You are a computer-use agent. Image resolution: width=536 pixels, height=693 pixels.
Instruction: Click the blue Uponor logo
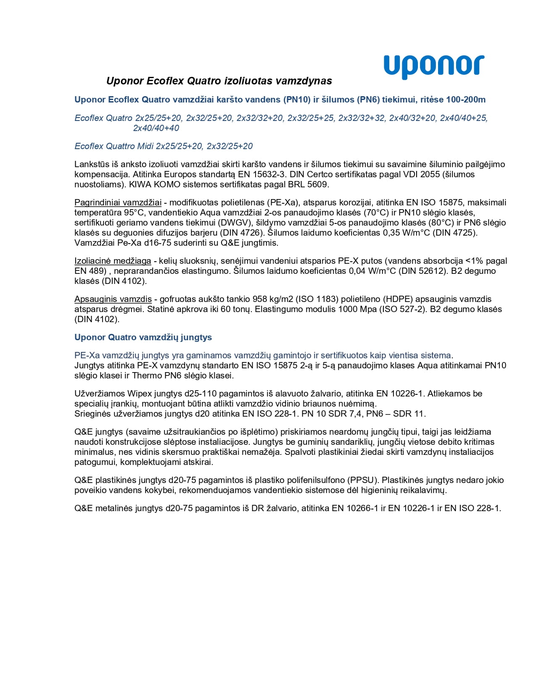coord(434,66)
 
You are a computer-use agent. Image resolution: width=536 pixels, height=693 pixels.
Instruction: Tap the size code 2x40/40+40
coord(156,128)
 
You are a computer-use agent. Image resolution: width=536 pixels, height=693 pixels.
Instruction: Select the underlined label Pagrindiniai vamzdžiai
coord(118,202)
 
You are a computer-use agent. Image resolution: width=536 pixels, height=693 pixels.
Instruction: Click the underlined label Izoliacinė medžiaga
coord(113,261)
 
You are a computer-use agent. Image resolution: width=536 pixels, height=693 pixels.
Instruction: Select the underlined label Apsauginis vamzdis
coord(113,299)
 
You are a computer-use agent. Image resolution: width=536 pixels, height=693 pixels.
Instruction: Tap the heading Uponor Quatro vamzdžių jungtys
coord(143,337)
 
